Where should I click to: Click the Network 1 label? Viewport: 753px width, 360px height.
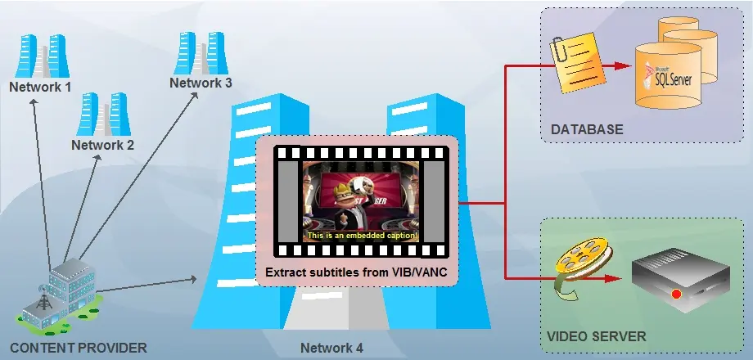pos(40,86)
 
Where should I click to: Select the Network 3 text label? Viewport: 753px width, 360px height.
pos(201,83)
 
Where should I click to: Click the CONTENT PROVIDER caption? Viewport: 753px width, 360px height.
pos(79,348)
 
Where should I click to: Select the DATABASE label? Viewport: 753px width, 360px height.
pos(587,129)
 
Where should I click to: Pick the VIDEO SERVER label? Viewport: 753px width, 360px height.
pos(596,336)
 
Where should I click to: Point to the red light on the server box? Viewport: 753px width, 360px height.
pos(675,294)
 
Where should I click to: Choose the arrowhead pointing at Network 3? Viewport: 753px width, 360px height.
pos(196,93)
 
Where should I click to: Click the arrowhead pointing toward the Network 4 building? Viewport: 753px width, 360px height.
pos(194,279)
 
